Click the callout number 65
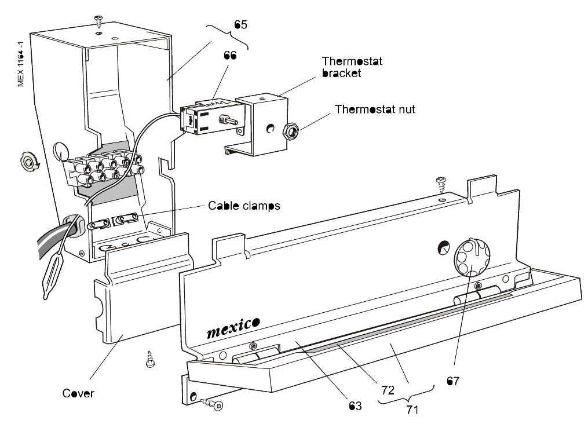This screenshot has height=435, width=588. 240,24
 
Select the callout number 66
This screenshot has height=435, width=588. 231,56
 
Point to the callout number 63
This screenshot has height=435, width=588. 355,406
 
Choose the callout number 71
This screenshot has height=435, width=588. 412,410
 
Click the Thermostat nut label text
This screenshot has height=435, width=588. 375,109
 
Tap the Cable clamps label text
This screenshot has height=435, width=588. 244,206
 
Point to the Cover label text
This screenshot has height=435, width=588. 78,394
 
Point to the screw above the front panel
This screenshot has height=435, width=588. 442,183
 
